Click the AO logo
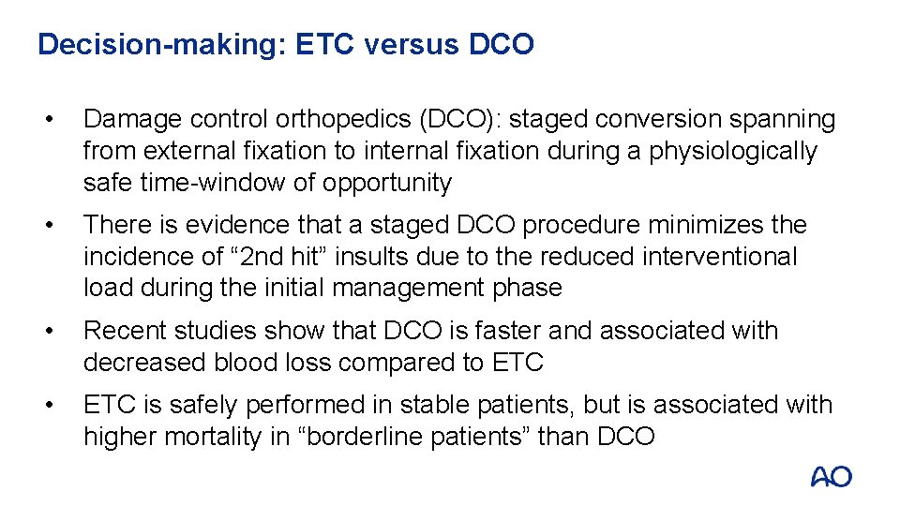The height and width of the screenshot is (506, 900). (x=831, y=477)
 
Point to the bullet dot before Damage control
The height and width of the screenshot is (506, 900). (x=60, y=120)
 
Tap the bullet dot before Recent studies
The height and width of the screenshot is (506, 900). (x=60, y=331)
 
